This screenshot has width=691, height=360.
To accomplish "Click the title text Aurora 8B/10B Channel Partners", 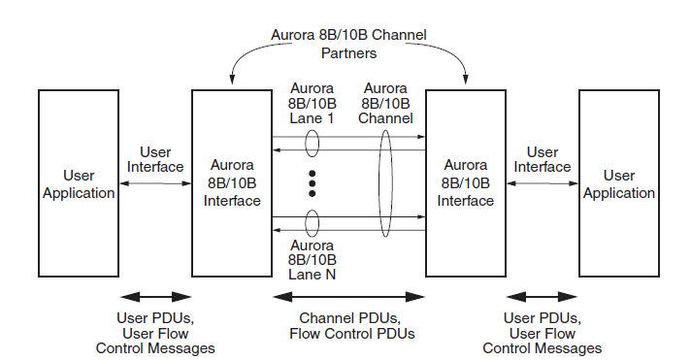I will (348, 44).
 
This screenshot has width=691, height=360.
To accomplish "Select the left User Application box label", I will (79, 184).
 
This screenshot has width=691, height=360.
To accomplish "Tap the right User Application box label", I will (618, 184).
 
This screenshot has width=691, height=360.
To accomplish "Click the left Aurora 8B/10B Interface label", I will (232, 184).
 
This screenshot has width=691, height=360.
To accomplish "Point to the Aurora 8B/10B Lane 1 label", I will (312, 103).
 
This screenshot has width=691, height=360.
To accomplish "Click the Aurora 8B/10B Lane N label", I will (312, 261).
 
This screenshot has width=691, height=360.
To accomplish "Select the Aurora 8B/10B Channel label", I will (386, 103).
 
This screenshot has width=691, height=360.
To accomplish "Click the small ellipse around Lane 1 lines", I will (313, 144).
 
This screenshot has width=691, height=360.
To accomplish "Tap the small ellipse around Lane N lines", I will (313, 223).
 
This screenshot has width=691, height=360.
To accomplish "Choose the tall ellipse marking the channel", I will (386, 183).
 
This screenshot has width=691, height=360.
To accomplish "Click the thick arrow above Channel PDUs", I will (348, 296).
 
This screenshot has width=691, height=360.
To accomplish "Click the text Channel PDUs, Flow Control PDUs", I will (348, 326).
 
